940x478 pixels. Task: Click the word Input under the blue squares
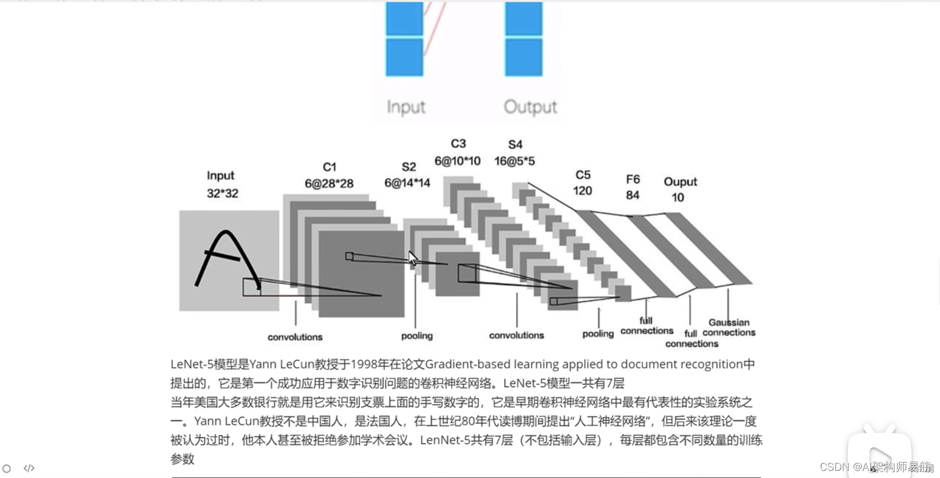pyautogui.click(x=406, y=107)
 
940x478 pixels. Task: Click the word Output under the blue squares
pyautogui.click(x=530, y=107)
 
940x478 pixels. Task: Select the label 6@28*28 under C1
pyautogui.click(x=329, y=184)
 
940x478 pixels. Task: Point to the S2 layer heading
pyautogui.click(x=408, y=167)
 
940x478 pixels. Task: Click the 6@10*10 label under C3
pyautogui.click(x=458, y=161)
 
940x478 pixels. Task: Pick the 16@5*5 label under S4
pyautogui.click(x=514, y=161)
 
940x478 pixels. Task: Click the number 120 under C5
pyautogui.click(x=582, y=190)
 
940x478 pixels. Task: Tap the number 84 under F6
pyautogui.click(x=632, y=195)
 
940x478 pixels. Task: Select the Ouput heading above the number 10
pyautogui.click(x=680, y=182)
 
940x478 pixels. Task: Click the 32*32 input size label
pyautogui.click(x=223, y=193)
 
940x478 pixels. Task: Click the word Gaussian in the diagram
pyautogui.click(x=729, y=322)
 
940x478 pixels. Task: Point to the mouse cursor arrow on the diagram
pyautogui.click(x=413, y=259)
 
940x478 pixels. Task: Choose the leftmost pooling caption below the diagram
pyautogui.click(x=417, y=336)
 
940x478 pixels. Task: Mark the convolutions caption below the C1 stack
pyautogui.click(x=295, y=337)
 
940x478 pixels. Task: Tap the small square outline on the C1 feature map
pyautogui.click(x=349, y=256)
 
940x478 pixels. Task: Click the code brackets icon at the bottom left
pyautogui.click(x=29, y=468)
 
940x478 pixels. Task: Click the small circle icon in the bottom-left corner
pyautogui.click(x=7, y=468)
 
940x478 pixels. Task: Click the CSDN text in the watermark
pyautogui.click(x=835, y=467)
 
